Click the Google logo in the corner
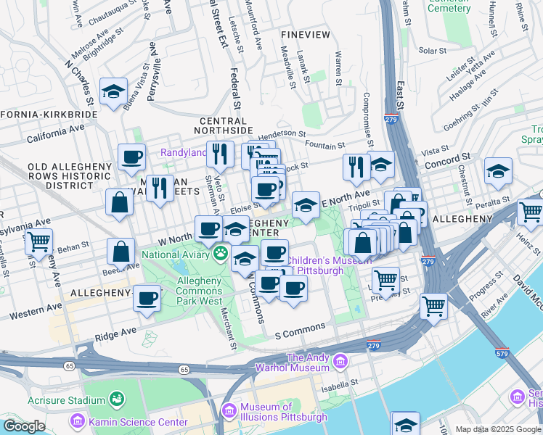point(24,426)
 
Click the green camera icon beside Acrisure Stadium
point(115,399)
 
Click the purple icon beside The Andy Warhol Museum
point(338,360)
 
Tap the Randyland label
point(182,153)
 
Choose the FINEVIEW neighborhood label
point(306,35)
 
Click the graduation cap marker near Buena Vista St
point(114,91)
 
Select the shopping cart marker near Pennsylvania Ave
point(38,241)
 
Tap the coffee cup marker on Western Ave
point(147,298)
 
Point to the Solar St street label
point(431,51)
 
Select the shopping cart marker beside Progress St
point(433,306)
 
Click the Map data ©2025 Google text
point(499,429)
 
